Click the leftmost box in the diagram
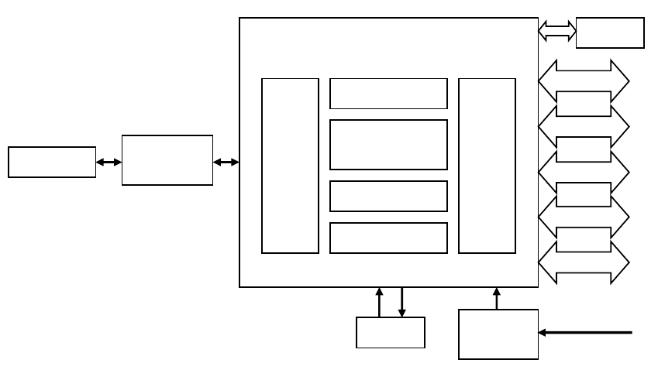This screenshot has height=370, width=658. [x=52, y=162]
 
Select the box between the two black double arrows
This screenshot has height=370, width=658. [x=167, y=160]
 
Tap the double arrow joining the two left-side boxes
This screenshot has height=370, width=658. [x=109, y=162]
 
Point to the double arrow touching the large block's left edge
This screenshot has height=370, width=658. [x=226, y=162]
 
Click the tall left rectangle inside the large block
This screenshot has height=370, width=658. [x=290, y=166]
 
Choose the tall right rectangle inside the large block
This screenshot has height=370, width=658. [x=487, y=166]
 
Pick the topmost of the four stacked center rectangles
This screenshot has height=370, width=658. [x=388, y=94]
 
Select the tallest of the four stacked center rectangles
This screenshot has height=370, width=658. [x=388, y=145]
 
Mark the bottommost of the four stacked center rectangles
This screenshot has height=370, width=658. [x=388, y=238]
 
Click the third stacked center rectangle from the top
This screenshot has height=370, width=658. [x=388, y=196]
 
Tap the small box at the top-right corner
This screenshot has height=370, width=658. [x=610, y=33]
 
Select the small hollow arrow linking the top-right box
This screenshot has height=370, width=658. [x=557, y=32]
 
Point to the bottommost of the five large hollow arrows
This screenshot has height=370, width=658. [x=584, y=260]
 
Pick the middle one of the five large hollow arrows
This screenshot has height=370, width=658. [x=584, y=169]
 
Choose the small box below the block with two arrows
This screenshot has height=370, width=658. [x=391, y=333]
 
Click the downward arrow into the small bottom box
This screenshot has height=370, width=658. [x=402, y=302]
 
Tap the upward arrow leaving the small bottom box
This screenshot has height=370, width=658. [x=379, y=302]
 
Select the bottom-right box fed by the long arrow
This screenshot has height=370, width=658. [x=498, y=334]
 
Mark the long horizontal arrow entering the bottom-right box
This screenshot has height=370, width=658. [x=586, y=334]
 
